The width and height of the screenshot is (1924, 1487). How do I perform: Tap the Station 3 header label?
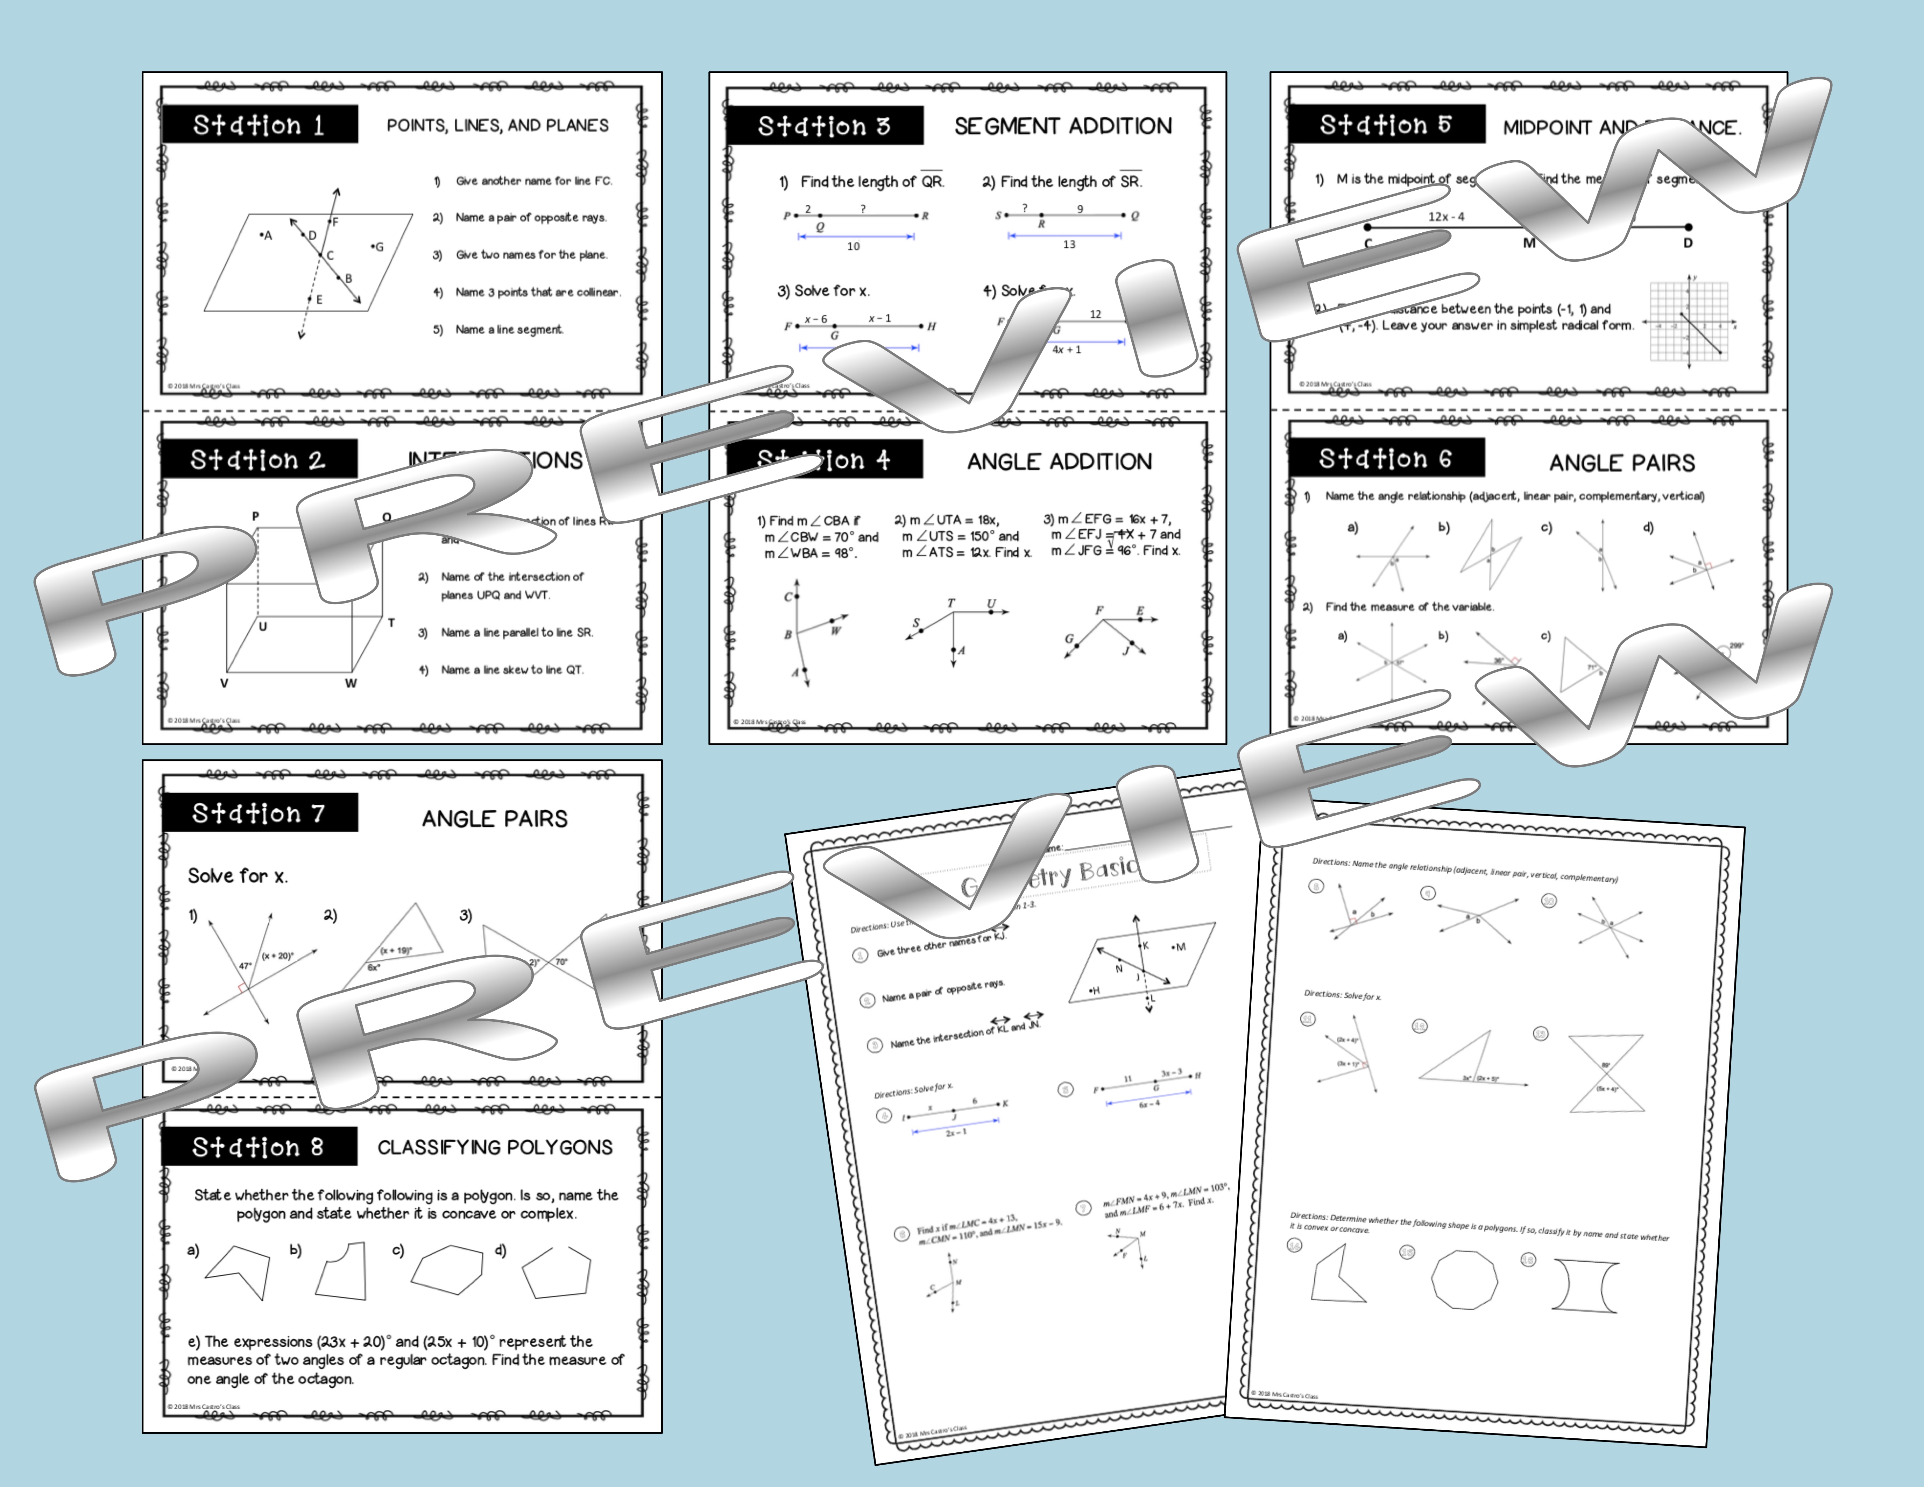(x=824, y=126)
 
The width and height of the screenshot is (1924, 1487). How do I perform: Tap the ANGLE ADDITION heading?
(x=1059, y=461)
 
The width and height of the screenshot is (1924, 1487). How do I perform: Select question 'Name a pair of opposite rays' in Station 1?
(x=530, y=218)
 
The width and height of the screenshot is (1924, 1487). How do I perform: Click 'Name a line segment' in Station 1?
(x=508, y=330)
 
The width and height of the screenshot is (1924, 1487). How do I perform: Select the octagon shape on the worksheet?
(x=1463, y=1278)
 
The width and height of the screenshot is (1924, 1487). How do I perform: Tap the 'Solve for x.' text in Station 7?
(x=237, y=876)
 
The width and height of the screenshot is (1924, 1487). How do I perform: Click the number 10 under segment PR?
(x=853, y=247)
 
